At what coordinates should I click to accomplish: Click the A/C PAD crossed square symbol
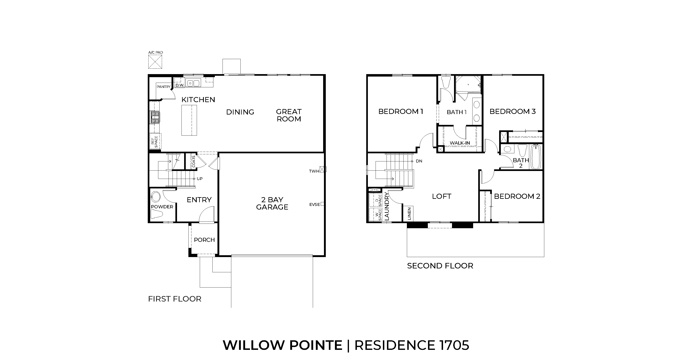click(x=155, y=62)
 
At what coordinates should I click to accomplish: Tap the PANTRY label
click(x=163, y=86)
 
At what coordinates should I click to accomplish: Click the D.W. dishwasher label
click(x=179, y=85)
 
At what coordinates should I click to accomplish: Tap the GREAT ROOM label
click(x=289, y=115)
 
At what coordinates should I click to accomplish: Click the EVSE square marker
click(x=322, y=204)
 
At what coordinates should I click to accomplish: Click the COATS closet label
click(x=194, y=161)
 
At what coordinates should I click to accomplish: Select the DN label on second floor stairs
click(x=419, y=161)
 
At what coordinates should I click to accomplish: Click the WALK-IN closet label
click(x=460, y=143)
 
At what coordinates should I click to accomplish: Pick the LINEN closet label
click(x=409, y=214)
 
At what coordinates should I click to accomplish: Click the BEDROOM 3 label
click(x=512, y=111)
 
